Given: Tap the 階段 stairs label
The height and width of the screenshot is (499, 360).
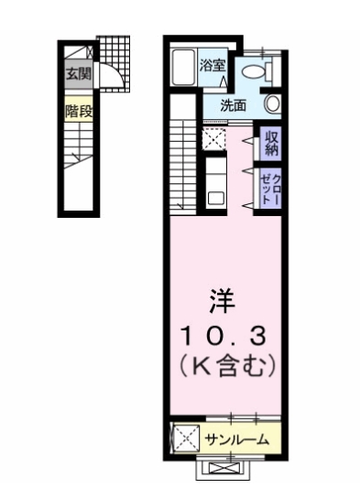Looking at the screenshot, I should tap(77, 111).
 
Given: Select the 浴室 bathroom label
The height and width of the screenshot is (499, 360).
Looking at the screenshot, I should tap(213, 66).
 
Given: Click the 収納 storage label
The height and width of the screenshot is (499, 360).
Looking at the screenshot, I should tap(270, 143).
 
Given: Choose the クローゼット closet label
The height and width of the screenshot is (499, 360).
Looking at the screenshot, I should tap(268, 187).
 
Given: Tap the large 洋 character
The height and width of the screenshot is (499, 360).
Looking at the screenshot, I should tap(220, 298).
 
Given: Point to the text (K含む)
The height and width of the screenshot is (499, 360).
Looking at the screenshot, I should tap(220, 367).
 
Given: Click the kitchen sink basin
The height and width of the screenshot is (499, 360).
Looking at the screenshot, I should tap(215, 196).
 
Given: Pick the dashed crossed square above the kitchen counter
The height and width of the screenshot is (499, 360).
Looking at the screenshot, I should tap(214, 140).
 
